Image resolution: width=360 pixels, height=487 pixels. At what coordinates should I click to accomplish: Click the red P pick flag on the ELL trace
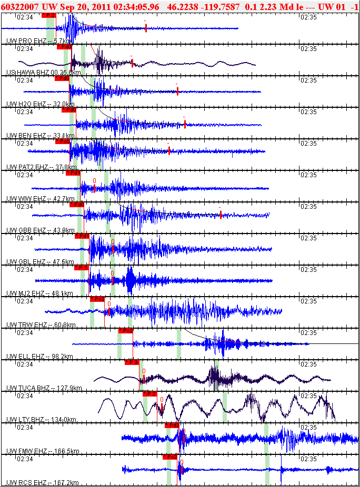tap(125, 331)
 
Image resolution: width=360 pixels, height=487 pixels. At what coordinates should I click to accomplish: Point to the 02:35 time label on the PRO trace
tap(308, 17)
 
